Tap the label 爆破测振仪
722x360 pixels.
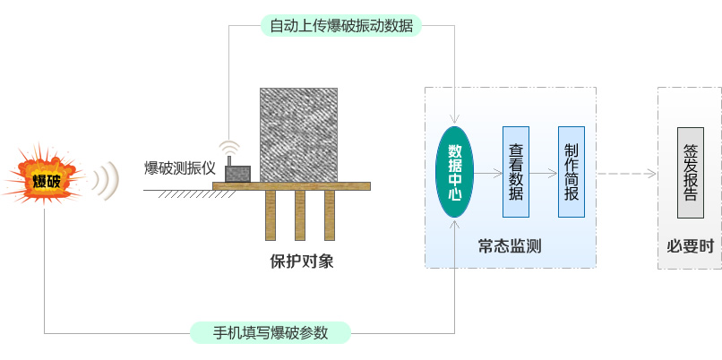[180, 167]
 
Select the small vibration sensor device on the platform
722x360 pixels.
[236, 172]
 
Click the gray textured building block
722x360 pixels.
[298, 134]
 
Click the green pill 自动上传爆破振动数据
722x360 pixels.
[341, 25]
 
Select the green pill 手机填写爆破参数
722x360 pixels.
[271, 333]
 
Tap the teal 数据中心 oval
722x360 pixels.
[454, 172]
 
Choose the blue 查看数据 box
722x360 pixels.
[516, 172]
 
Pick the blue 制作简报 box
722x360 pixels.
[572, 172]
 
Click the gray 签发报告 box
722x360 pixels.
[691, 172]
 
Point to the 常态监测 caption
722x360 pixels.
[509, 245]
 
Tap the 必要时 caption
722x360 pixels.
[690, 245]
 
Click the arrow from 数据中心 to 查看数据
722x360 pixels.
[487, 172]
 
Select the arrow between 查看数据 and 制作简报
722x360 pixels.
[544, 172]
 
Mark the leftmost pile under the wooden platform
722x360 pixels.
[271, 215]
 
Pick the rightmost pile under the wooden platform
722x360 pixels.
[330, 215]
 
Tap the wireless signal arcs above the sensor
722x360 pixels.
[230, 149]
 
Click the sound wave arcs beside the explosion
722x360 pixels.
[108, 180]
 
